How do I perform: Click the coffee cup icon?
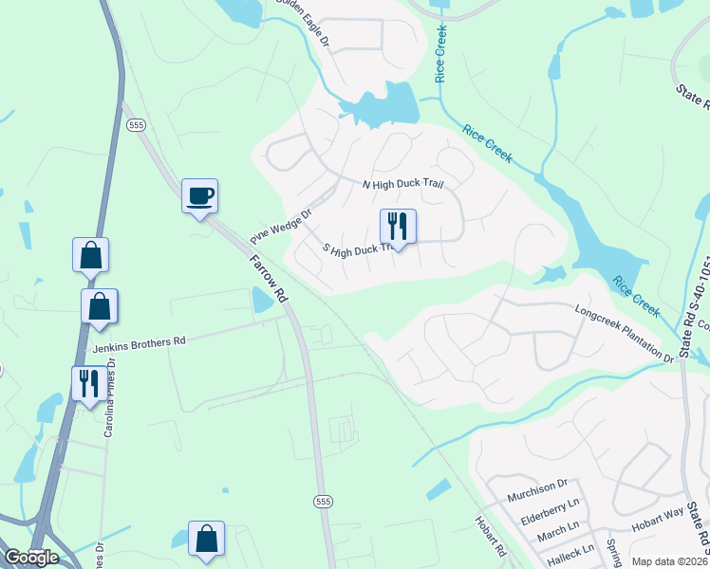199,196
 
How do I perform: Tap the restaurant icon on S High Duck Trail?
398,226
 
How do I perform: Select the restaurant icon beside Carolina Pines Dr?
89,383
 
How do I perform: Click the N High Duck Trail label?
403,183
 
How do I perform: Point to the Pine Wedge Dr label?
281,227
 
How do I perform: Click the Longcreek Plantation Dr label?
625,333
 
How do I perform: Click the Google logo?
31,558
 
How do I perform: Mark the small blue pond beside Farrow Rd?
261,302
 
